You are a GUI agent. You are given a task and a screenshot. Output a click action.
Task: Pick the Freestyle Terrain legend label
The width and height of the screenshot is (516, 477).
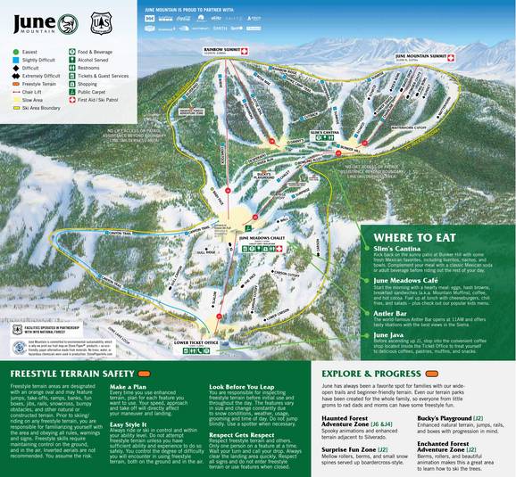coord(45,84)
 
